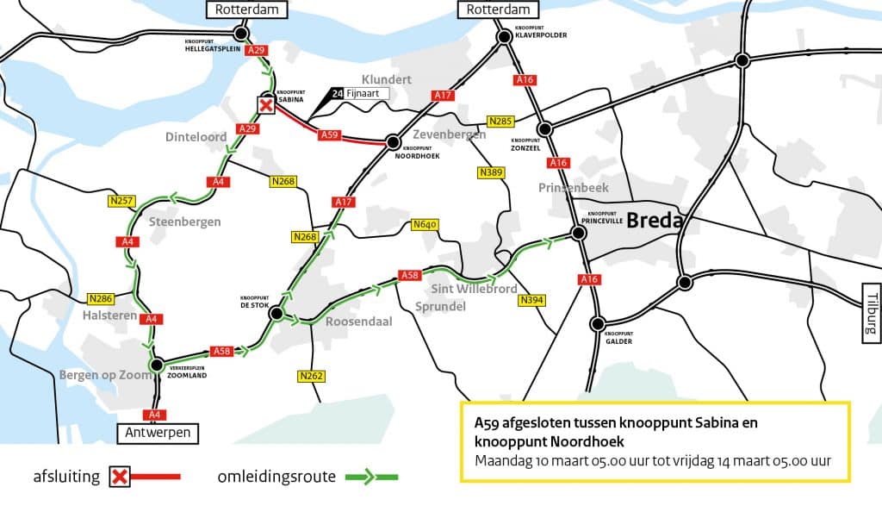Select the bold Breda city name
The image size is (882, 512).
click(655, 221)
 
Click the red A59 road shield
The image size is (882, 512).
click(329, 134)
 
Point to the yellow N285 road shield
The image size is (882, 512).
click(500, 122)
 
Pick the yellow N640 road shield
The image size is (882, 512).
click(425, 225)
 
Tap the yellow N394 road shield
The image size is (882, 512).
click(532, 301)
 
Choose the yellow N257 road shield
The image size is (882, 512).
click(121, 201)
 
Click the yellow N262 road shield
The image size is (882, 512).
click(311, 376)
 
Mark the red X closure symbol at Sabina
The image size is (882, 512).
click(267, 105)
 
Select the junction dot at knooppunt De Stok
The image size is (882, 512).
click(276, 315)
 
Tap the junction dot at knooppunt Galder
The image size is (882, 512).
click(597, 324)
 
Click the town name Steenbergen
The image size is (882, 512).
click(184, 222)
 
